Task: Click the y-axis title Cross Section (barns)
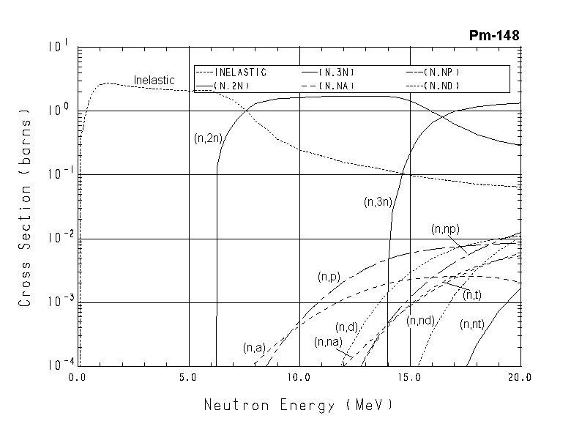point(25,208)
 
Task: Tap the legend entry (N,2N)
point(239,86)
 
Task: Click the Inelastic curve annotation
point(154,79)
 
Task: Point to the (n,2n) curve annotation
point(209,138)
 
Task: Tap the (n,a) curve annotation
point(254,347)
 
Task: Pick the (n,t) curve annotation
point(472,294)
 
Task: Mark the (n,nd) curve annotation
point(422,320)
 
